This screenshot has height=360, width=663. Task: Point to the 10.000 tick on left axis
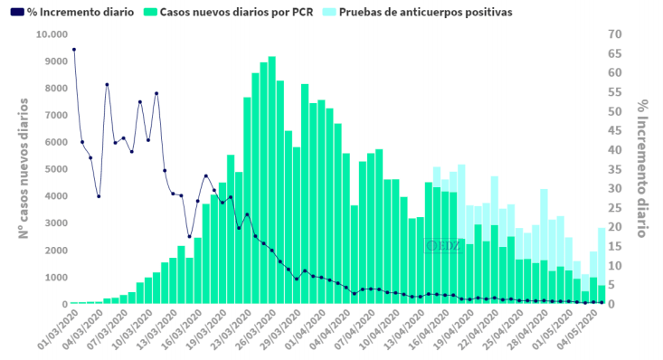pos(52,34)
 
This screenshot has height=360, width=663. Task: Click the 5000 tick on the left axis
pos(56,169)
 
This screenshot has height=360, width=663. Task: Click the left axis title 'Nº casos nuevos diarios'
pos(24,169)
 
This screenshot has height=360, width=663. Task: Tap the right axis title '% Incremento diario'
pos(641,169)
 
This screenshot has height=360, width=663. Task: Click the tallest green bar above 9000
pos(271,181)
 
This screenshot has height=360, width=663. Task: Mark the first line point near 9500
pos(73,50)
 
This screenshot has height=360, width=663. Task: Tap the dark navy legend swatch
pos(18,13)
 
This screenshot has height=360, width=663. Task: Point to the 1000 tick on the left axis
pos(56,277)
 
